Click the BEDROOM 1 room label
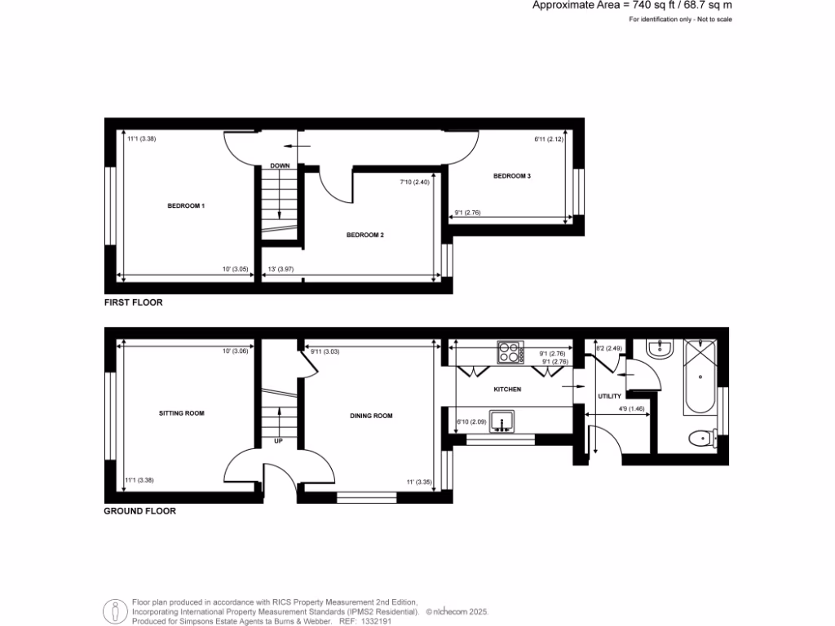[x=186, y=206]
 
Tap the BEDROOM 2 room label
[x=364, y=235]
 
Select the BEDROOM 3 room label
[x=512, y=176]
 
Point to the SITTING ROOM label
[x=181, y=413]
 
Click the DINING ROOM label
[x=371, y=416]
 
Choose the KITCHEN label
[x=507, y=390]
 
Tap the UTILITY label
[x=609, y=396]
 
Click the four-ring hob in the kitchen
[x=510, y=353]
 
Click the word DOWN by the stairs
[x=280, y=166]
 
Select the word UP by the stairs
[x=278, y=441]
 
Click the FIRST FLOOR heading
[x=133, y=302]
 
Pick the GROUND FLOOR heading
[x=139, y=512]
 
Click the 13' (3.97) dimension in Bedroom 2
[x=280, y=269]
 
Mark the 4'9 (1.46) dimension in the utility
[x=632, y=408]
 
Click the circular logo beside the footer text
[x=115, y=611]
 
